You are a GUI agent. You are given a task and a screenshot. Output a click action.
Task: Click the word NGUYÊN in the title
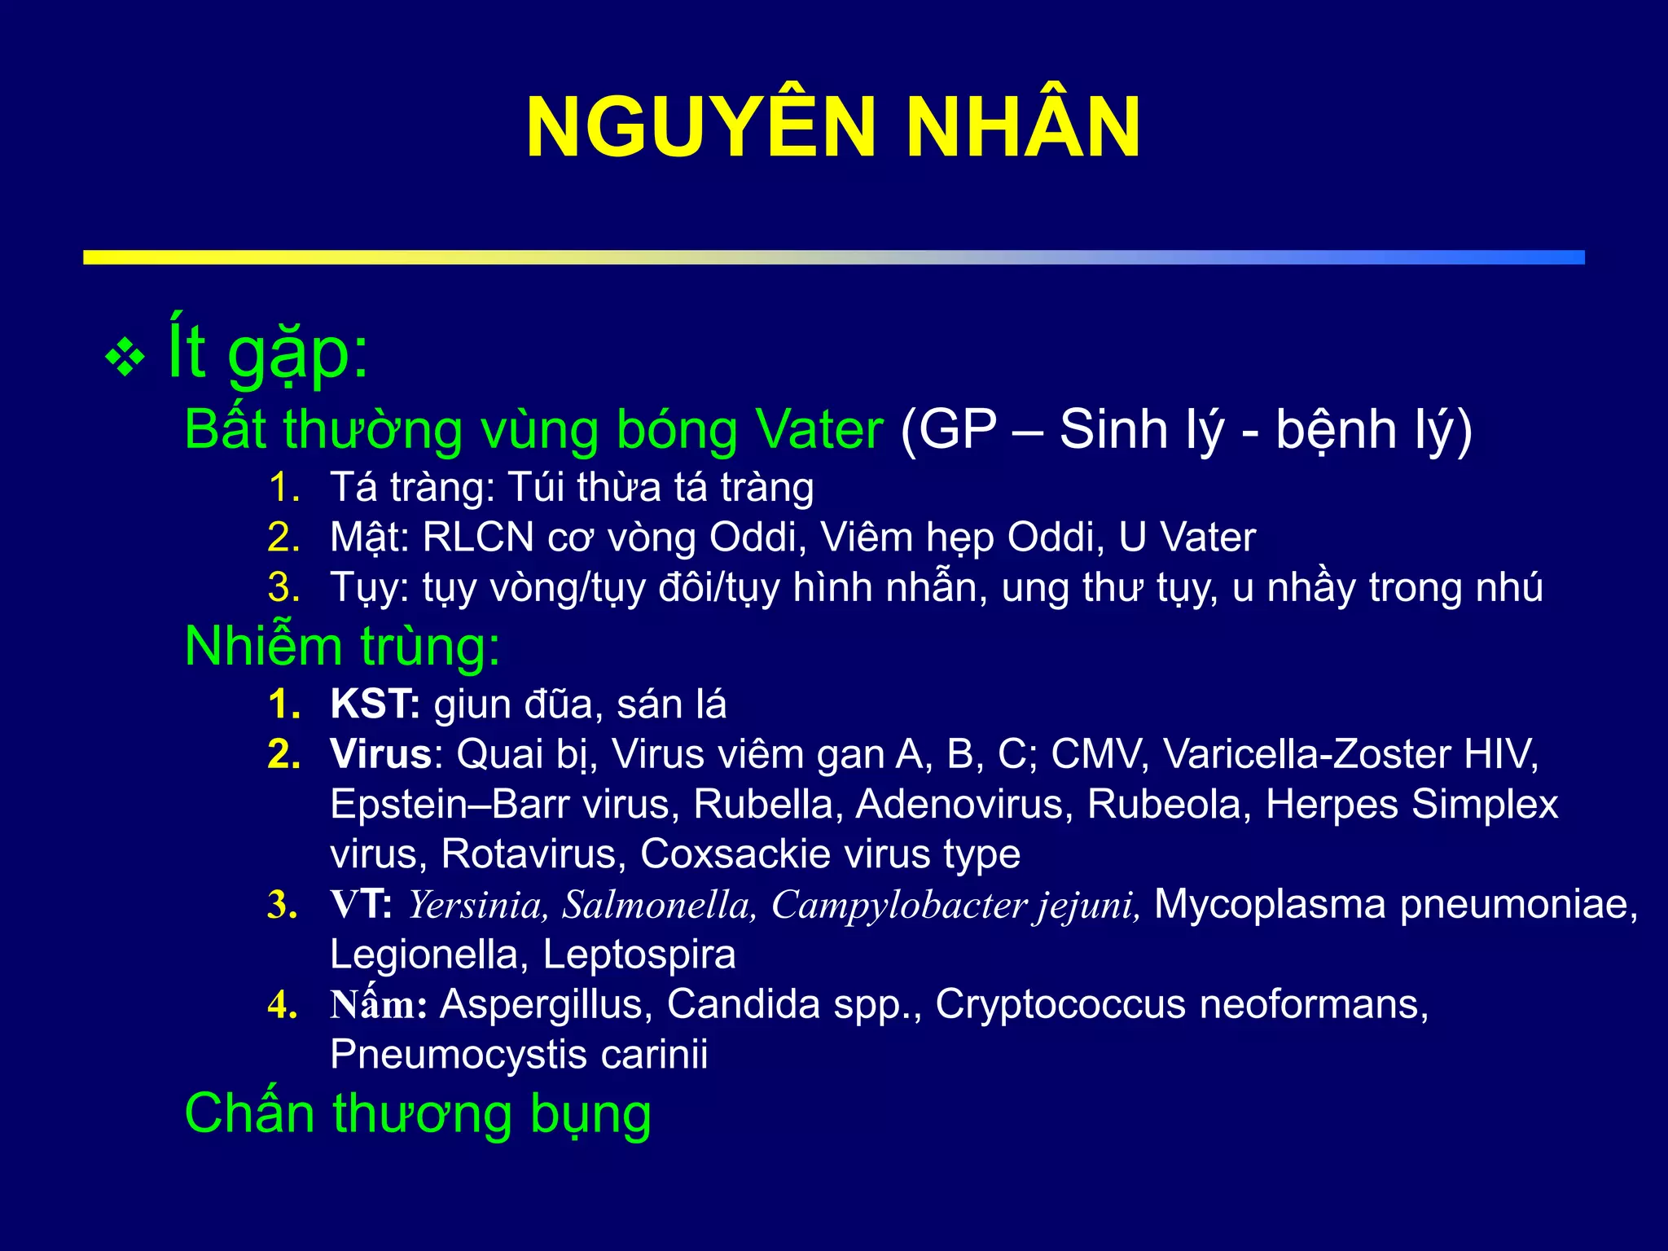point(700,129)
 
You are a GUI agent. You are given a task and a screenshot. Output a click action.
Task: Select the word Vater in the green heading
point(819,429)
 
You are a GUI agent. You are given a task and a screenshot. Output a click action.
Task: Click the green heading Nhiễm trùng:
point(342,646)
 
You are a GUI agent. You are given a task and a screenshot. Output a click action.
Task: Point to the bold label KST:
point(375,705)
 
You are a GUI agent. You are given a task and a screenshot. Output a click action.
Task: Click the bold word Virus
point(380,754)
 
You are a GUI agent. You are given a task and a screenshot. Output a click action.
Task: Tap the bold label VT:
point(361,905)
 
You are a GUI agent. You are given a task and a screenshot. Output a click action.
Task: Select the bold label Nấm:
point(379,1005)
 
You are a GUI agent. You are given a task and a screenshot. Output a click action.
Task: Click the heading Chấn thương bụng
point(418,1113)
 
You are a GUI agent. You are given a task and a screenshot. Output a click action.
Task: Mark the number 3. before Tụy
point(283,588)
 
